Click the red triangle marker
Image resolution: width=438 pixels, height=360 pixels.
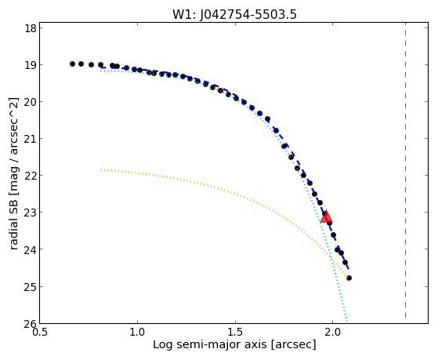point(326,217)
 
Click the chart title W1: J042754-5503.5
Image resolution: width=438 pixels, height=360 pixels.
point(234,15)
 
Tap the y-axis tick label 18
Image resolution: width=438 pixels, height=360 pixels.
point(31,28)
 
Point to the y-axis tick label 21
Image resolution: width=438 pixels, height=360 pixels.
point(31,139)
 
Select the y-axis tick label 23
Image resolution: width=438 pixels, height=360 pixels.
point(31,213)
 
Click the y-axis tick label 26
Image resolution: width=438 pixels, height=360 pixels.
point(31,324)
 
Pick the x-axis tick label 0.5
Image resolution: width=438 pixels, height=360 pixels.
point(40,333)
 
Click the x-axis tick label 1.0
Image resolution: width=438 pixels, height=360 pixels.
point(137,333)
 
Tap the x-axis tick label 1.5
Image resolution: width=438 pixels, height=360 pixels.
point(236,333)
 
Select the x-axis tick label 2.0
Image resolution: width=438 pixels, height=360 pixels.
point(332,333)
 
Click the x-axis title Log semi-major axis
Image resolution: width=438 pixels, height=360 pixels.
point(210,344)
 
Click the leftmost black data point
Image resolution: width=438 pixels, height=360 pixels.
point(72,64)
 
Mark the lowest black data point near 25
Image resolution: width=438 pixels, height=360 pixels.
point(349,278)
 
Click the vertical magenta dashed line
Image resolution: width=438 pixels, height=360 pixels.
point(405,170)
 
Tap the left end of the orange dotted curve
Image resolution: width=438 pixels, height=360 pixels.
point(101,169)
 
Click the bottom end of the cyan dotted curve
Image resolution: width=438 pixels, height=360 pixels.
point(347,322)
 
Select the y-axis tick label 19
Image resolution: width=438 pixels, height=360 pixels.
point(31,65)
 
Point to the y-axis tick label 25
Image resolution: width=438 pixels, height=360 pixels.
point(31,287)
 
